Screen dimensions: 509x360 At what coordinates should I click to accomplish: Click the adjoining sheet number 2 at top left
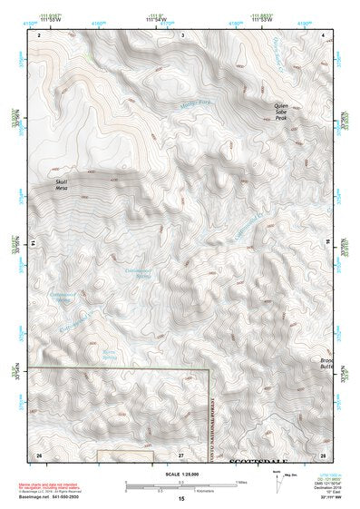pyautogui.click(x=39, y=34)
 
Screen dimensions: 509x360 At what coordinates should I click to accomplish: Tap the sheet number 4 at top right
pyautogui.click(x=324, y=34)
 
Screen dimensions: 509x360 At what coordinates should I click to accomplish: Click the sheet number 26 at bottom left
pyautogui.click(x=39, y=453)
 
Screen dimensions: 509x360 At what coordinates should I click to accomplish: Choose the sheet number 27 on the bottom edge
pyautogui.click(x=181, y=453)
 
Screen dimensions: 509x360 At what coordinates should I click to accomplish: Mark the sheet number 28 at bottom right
pyautogui.click(x=323, y=453)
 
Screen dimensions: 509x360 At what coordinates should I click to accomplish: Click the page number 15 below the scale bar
pyautogui.click(x=181, y=500)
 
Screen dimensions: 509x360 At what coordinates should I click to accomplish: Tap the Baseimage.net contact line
pyautogui.click(x=51, y=498)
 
